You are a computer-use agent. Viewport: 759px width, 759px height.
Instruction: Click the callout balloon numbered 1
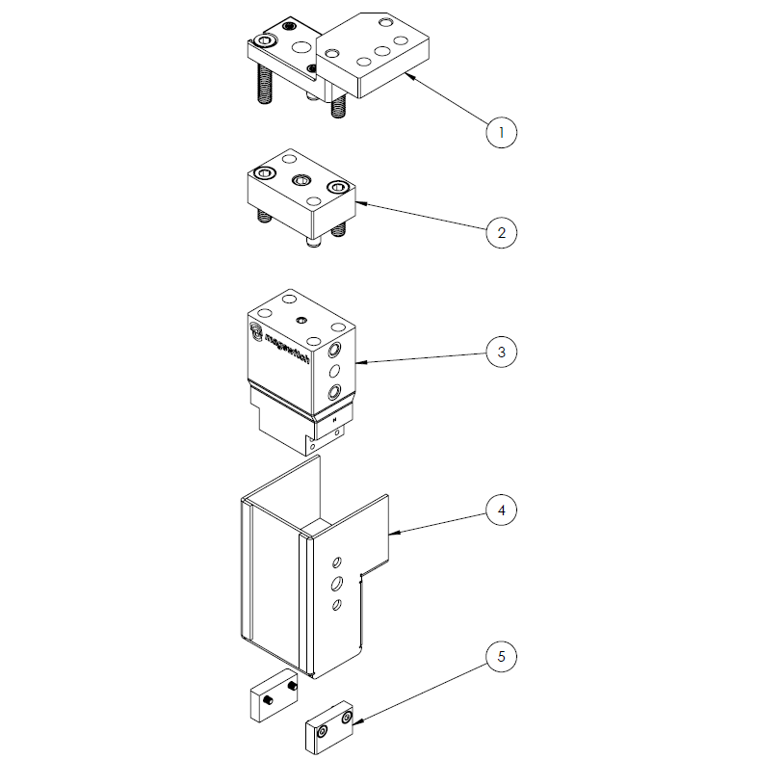click(x=501, y=132)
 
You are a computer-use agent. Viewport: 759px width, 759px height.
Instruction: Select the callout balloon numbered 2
click(x=501, y=232)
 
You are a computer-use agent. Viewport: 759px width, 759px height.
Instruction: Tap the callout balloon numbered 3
click(x=501, y=352)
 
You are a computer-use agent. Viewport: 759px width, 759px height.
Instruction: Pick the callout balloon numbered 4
click(x=501, y=510)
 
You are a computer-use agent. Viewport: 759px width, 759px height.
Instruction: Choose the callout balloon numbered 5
click(x=501, y=658)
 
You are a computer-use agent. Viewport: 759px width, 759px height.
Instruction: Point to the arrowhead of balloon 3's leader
click(x=358, y=362)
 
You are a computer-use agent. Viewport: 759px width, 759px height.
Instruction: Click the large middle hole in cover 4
click(x=337, y=583)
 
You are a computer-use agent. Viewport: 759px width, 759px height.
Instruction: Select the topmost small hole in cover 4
click(x=337, y=561)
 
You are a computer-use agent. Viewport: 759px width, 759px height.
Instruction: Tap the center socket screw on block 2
click(x=301, y=179)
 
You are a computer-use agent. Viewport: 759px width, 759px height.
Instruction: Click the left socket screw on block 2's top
click(x=265, y=173)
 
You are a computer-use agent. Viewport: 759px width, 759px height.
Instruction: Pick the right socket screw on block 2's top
click(x=336, y=187)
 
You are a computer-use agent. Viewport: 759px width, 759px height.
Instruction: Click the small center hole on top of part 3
click(x=301, y=319)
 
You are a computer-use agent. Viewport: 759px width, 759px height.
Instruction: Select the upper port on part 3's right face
click(x=335, y=349)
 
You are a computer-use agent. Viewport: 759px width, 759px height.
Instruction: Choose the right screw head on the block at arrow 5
click(x=344, y=718)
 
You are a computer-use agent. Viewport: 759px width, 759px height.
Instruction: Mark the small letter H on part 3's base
click(x=333, y=420)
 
